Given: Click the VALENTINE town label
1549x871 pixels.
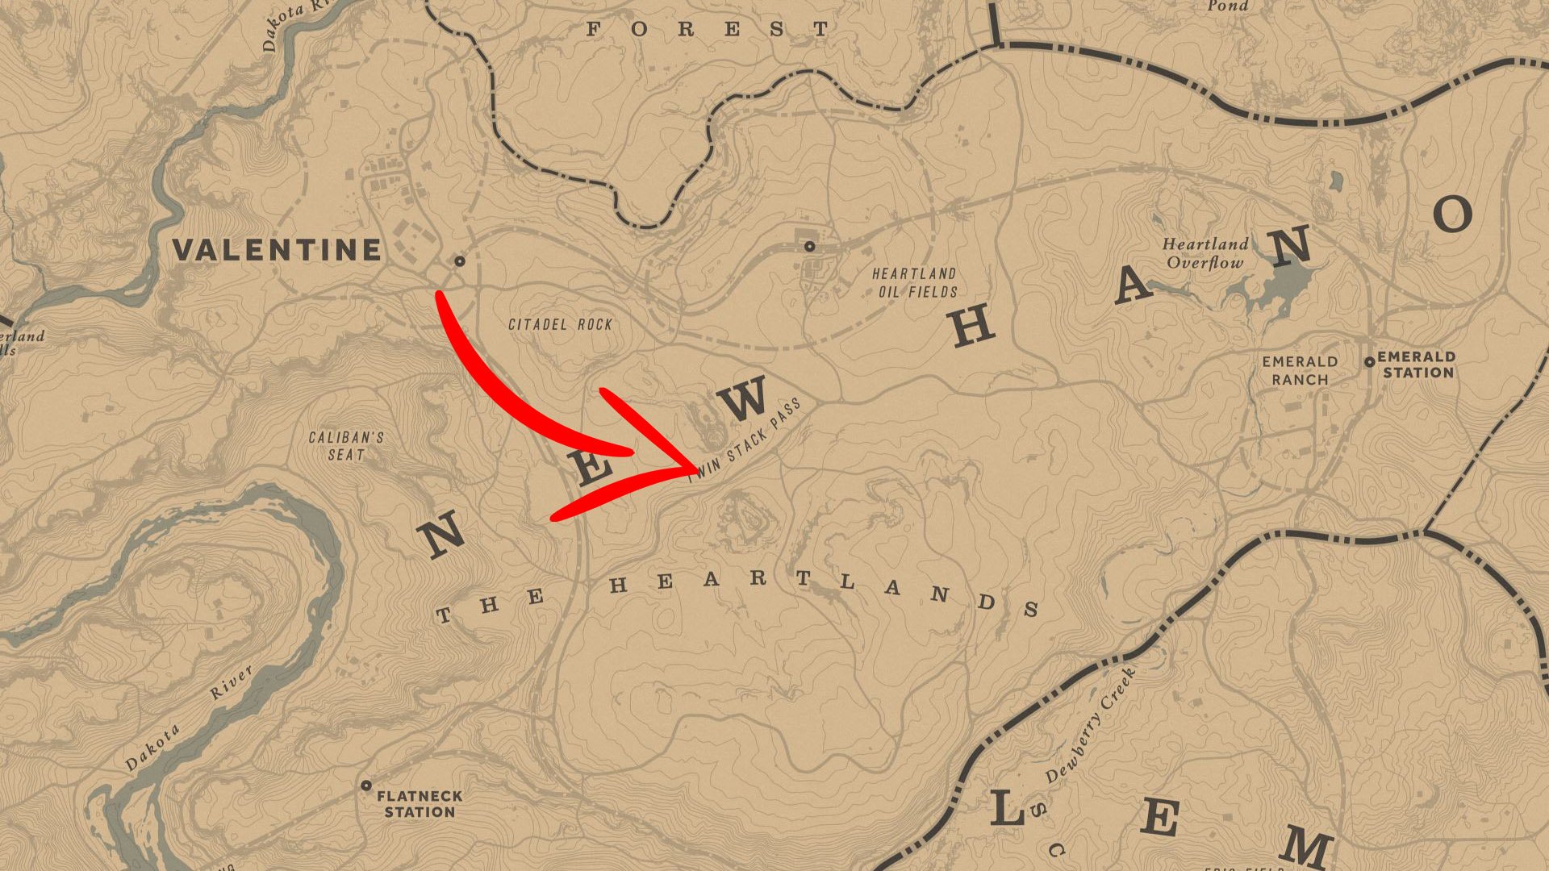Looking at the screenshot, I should tap(277, 250).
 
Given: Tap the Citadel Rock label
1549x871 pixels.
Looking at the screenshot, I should tap(560, 324).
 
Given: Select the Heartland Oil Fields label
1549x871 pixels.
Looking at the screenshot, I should tap(915, 283).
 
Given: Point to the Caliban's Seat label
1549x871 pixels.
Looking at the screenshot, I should tap(346, 446).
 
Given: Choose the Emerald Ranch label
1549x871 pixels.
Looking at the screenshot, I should tap(1300, 370).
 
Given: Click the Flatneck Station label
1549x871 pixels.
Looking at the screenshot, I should tap(420, 804).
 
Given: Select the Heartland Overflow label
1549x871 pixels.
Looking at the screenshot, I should tap(1205, 253).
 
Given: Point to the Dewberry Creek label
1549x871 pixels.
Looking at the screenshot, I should tap(1090, 725).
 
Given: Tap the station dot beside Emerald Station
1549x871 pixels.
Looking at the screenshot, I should tap(1369, 362).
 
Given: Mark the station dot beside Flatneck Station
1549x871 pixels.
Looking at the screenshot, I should tap(366, 785).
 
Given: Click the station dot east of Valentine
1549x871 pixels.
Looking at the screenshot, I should tap(460, 260).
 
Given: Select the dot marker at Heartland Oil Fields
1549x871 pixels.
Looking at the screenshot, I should tap(809, 246).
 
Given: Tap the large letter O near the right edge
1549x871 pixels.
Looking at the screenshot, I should tap(1453, 215).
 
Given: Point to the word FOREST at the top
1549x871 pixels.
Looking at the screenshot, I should tap(707, 30).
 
